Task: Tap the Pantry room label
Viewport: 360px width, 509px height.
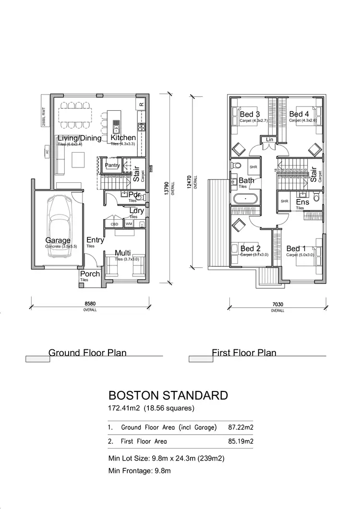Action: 112,166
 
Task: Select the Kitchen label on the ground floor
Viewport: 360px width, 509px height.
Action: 123,138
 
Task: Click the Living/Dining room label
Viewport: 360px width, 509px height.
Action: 80,139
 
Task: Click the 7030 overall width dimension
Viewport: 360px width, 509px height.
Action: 277,304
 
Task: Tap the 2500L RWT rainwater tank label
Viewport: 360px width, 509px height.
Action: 43,116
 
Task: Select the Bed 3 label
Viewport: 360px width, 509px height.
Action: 250,114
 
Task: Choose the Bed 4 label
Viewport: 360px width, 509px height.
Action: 299,114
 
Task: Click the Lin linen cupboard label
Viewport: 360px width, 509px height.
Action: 269,140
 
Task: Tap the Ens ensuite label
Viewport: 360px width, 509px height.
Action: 302,202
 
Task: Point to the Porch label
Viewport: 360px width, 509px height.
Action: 90,274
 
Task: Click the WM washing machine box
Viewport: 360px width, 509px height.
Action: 129,224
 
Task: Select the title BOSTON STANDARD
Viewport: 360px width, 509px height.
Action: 168,395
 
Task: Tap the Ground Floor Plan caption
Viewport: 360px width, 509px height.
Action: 87,353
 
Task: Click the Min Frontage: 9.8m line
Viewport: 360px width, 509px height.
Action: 139,471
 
